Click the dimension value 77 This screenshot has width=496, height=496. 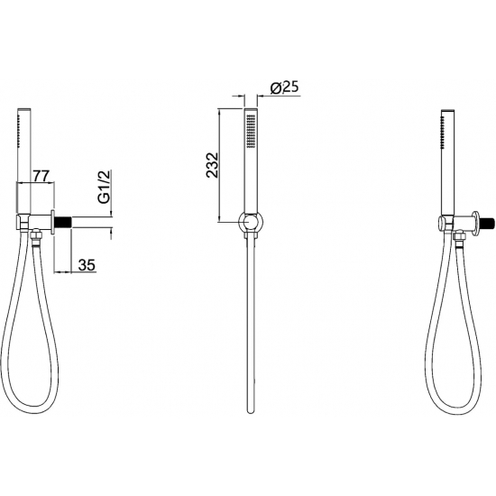pos(41,176)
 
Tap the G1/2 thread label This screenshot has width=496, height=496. pos(104,186)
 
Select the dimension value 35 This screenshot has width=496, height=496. pos(87,265)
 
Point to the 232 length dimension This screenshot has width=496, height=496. pos(213,165)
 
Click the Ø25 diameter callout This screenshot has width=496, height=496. pos(285,87)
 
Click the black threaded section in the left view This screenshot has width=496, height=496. pos(63,222)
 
